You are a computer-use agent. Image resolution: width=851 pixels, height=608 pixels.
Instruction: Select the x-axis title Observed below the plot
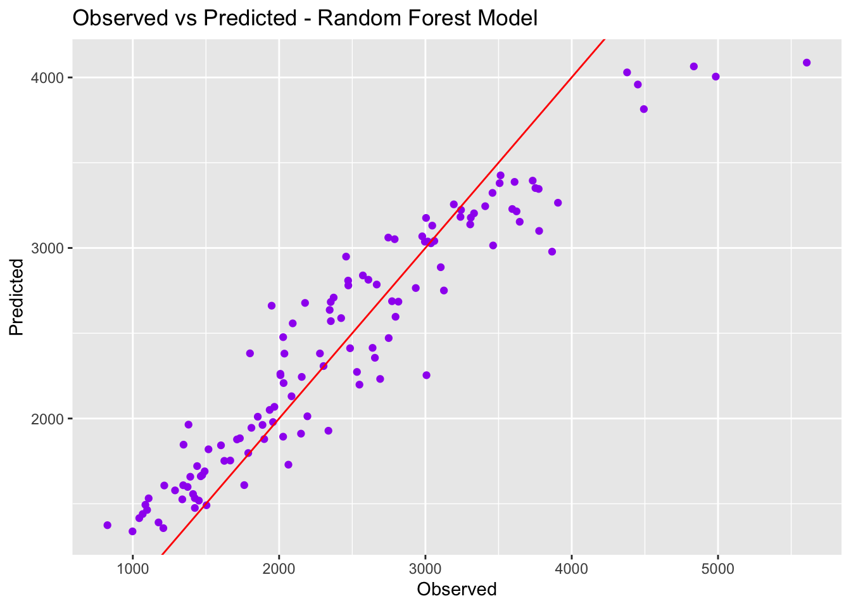pyautogui.click(x=457, y=589)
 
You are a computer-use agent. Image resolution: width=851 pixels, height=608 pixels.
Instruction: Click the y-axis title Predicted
pyautogui.click(x=17, y=297)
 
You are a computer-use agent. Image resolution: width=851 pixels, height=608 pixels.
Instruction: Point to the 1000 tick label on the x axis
pyautogui.click(x=132, y=568)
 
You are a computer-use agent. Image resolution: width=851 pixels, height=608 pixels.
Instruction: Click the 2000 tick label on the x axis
pyautogui.click(x=279, y=568)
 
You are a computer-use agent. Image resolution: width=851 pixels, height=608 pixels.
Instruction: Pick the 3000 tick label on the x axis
pyautogui.click(x=425, y=568)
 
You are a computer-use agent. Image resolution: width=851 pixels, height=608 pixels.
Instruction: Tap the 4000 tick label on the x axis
pyautogui.click(x=572, y=568)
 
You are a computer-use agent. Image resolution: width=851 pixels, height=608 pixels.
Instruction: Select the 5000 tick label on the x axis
pyautogui.click(x=718, y=568)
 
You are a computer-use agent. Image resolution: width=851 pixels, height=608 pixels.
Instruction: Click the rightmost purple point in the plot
pyautogui.click(x=807, y=63)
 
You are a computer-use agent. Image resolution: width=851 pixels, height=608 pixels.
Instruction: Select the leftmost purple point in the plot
pyautogui.click(x=108, y=525)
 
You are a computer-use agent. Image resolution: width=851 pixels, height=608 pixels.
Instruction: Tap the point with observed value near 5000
pyautogui.click(x=715, y=77)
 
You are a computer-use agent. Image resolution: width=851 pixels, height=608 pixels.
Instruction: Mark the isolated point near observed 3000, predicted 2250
pyautogui.click(x=426, y=375)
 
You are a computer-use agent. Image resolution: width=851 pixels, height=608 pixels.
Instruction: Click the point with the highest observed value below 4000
pyautogui.click(x=558, y=203)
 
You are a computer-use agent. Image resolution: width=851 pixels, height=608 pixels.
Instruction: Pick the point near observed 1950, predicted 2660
pyautogui.click(x=272, y=305)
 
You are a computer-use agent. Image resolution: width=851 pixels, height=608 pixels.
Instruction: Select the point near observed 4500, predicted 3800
pyautogui.click(x=644, y=109)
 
